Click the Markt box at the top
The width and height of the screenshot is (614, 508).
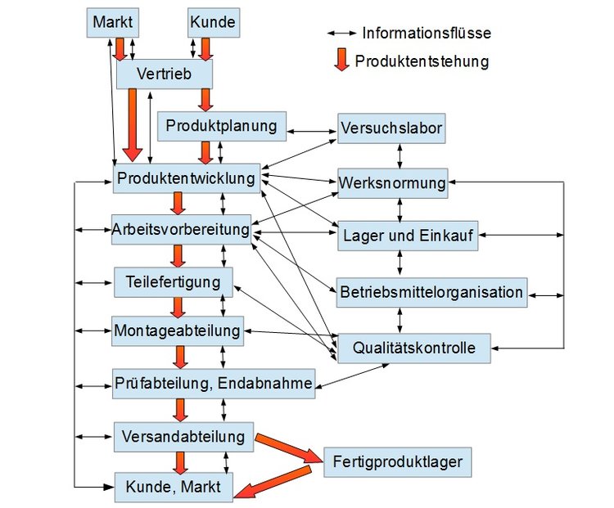112,22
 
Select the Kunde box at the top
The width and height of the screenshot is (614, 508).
212,22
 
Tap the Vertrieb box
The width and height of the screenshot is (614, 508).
165,74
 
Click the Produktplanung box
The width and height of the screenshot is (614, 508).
221,126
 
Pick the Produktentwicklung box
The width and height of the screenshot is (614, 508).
187,178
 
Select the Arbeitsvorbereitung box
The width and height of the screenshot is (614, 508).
182,229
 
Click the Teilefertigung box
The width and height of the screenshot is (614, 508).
174,281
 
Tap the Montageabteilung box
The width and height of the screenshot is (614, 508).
178,331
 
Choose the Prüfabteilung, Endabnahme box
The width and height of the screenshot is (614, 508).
214,383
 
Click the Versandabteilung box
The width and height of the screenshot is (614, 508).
183,436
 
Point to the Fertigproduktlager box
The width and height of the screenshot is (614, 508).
398,462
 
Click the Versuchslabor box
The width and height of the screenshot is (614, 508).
391,128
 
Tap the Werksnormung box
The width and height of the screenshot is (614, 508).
392,182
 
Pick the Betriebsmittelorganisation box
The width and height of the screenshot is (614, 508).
431,292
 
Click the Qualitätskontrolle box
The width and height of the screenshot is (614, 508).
413,348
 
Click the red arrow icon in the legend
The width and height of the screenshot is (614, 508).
341,61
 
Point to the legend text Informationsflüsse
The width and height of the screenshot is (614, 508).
427,34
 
